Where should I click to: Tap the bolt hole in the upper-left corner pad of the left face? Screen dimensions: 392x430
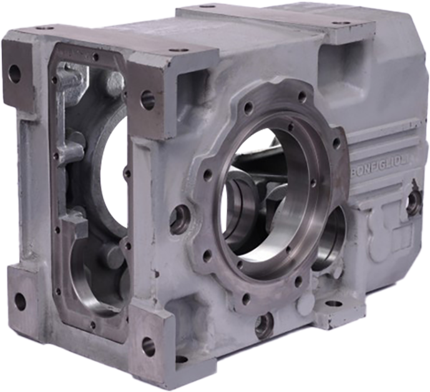(x=14, y=74)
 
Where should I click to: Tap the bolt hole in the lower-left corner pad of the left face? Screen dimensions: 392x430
(x=20, y=301)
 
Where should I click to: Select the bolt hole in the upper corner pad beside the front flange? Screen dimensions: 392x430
(x=148, y=99)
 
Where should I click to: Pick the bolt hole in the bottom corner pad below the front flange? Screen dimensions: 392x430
(x=148, y=346)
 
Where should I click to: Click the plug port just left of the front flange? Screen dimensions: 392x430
(x=180, y=219)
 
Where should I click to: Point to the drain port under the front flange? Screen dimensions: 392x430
(x=264, y=324)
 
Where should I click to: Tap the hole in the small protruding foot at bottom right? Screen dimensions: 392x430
(x=335, y=304)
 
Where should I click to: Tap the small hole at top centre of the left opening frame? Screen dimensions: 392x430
(x=95, y=57)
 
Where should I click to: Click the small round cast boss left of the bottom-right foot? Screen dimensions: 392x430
(x=304, y=306)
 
